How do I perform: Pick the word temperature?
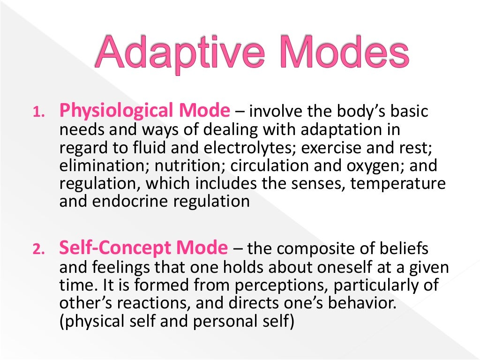click(398, 184)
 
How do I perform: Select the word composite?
click(321, 248)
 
